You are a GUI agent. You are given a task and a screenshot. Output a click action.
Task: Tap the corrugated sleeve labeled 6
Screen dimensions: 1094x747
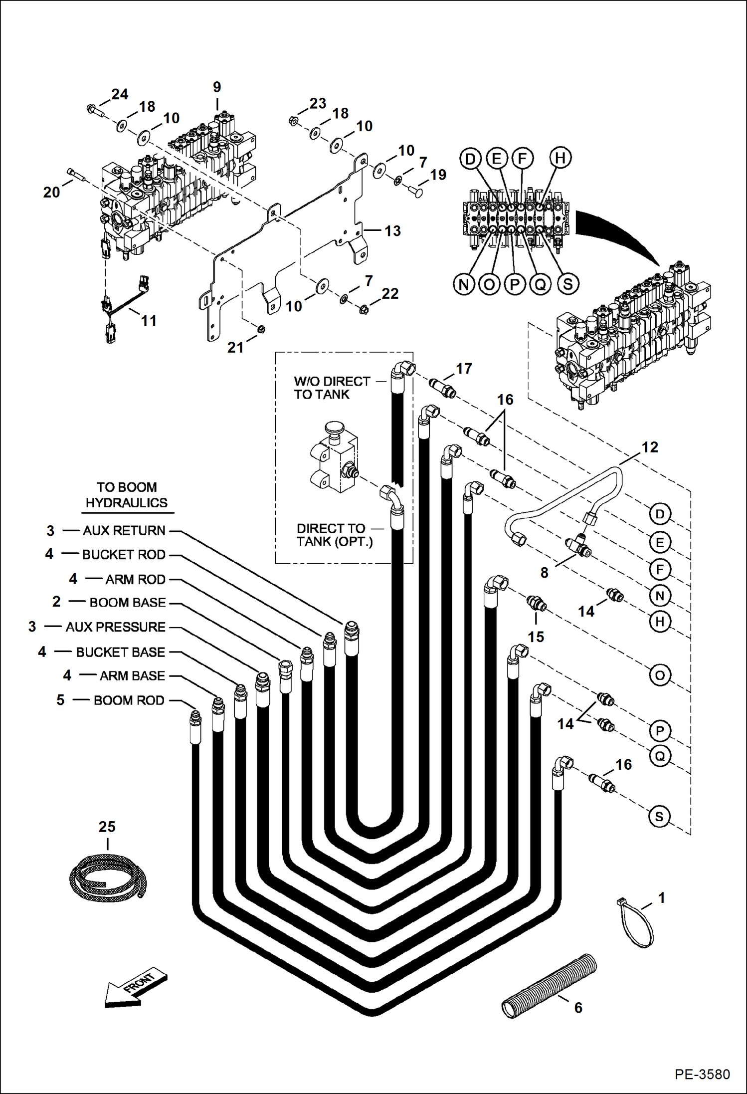click(x=549, y=985)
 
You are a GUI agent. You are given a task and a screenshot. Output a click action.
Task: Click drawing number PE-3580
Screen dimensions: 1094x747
click(x=702, y=1074)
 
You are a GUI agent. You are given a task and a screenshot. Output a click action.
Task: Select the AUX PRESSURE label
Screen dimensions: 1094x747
click(x=115, y=627)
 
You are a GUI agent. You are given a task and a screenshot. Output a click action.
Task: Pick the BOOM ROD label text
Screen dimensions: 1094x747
click(x=129, y=700)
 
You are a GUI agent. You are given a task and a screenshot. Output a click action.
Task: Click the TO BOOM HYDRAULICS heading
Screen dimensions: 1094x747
click(x=127, y=495)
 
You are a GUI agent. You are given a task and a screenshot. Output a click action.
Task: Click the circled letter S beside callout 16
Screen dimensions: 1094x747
click(x=659, y=817)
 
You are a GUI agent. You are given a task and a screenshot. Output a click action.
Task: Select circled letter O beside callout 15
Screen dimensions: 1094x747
click(x=659, y=675)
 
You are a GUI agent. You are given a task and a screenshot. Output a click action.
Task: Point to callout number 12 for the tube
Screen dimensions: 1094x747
click(x=650, y=447)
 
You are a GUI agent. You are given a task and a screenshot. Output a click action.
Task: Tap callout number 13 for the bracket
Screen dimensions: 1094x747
click(x=392, y=231)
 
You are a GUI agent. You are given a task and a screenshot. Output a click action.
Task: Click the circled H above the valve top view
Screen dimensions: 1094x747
click(x=560, y=158)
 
